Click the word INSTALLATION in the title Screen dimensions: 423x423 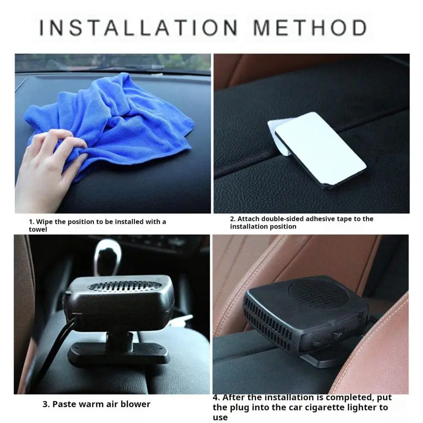tap(138, 27)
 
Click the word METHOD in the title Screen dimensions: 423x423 tap(310, 27)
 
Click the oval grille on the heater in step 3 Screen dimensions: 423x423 tap(125, 286)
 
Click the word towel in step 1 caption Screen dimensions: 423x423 tap(38, 229)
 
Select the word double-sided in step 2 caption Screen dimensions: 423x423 tap(282, 219)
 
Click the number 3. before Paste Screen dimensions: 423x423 tap(46, 404)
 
